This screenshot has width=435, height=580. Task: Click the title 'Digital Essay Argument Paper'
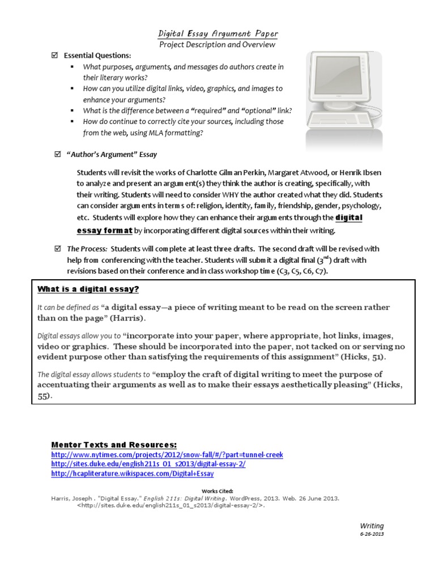(217, 33)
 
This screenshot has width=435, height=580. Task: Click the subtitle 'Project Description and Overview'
(217, 44)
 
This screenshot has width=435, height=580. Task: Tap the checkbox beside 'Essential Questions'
(56, 56)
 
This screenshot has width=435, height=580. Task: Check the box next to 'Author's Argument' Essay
(57, 153)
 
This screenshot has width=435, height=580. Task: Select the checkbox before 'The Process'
(57, 248)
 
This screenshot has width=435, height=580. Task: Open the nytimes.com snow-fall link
(167, 454)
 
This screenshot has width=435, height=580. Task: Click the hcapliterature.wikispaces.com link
(133, 474)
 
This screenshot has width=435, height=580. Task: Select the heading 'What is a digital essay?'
(88, 289)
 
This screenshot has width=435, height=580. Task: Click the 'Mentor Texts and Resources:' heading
(114, 444)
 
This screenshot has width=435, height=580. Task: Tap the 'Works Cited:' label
(217, 491)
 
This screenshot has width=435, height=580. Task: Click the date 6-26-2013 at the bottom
(372, 534)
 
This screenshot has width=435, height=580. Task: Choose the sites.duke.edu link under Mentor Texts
(148, 464)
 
